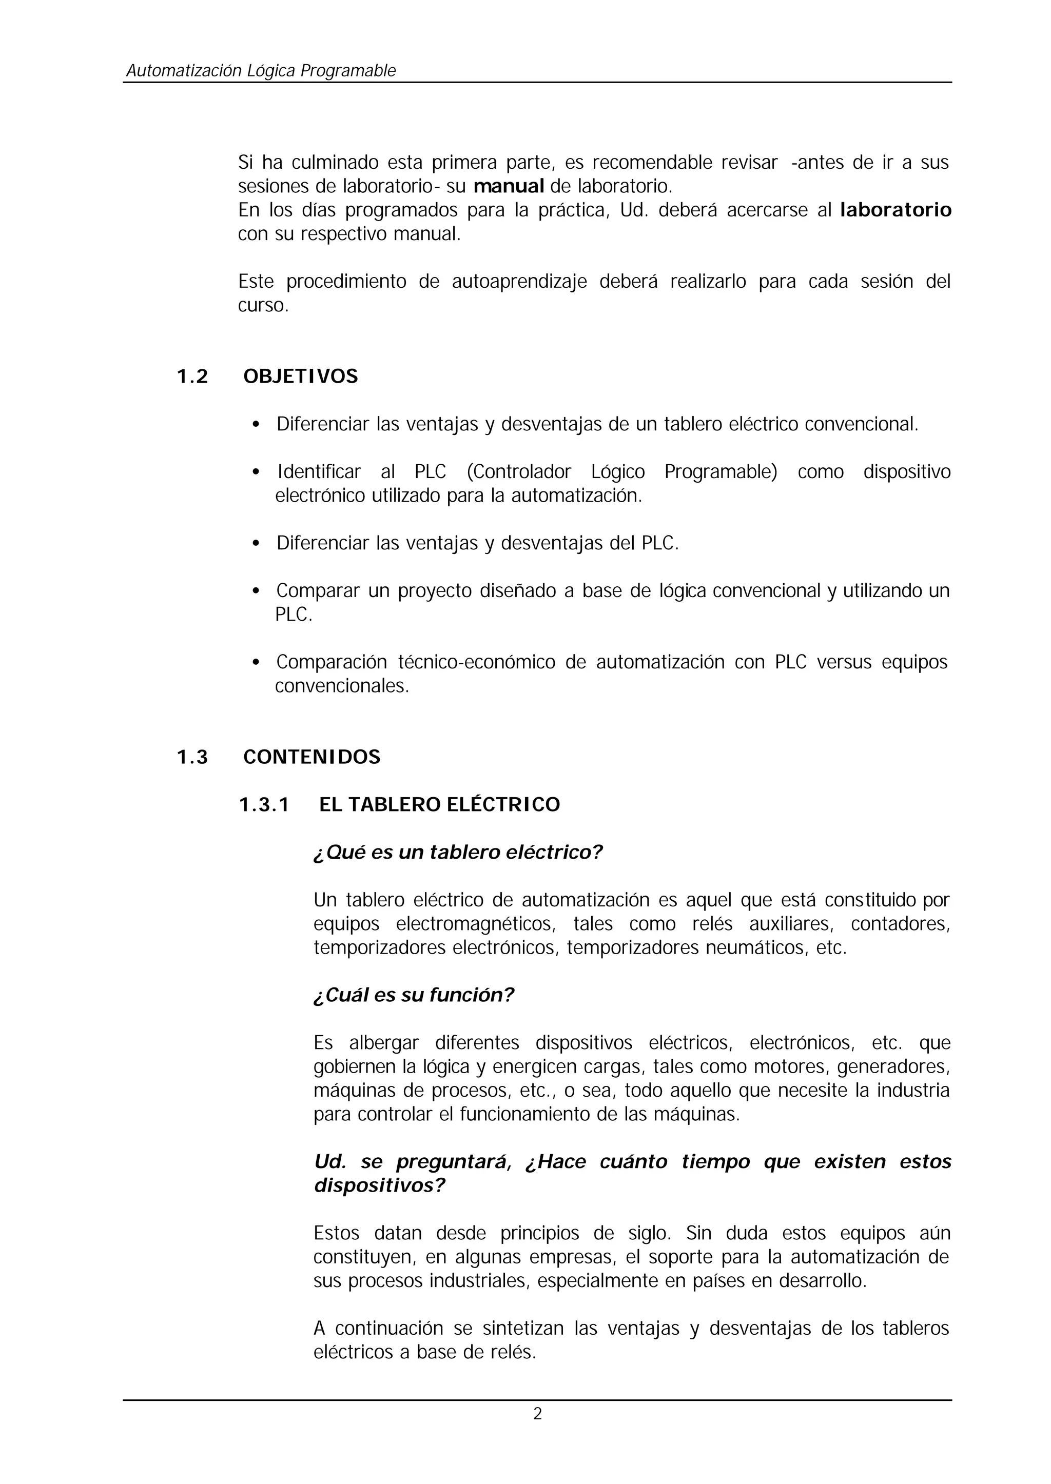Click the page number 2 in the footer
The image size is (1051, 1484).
pos(537,1414)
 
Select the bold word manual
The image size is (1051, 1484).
pos(509,186)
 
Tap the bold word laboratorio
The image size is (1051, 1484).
pos(895,210)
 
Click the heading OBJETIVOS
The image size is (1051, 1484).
pos(300,377)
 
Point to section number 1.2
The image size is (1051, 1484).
pos(192,377)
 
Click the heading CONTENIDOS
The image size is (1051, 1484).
pos(312,757)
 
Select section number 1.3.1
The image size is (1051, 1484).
pos(264,805)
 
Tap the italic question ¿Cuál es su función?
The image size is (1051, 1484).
pos(414,995)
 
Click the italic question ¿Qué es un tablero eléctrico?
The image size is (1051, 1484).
pos(458,852)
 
